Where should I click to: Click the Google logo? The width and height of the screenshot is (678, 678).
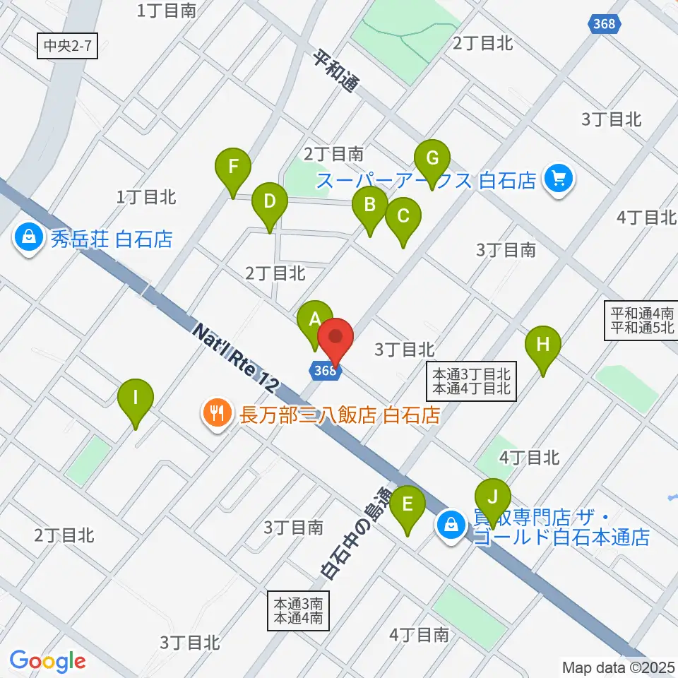(47, 661)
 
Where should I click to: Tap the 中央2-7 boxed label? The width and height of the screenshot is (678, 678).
(66, 48)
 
